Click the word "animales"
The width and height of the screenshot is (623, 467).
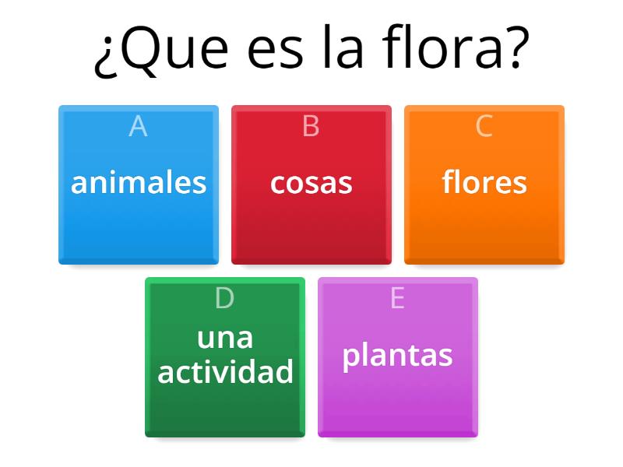pos(139,183)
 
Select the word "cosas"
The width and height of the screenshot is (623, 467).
pos(311,183)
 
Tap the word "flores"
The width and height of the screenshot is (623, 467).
pos(484,183)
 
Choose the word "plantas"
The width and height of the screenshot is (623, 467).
pos(398,355)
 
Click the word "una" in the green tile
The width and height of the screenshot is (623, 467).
pos(225,338)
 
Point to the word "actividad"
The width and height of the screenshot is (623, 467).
pos(225,372)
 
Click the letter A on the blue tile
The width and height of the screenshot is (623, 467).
pos(138,126)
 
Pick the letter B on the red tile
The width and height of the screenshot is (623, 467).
pos(311,126)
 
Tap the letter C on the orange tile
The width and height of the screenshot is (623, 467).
pos(484,126)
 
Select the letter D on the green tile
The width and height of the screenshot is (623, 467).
pos(224,298)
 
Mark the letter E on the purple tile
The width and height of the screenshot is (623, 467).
pos(398,298)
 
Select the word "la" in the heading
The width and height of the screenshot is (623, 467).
pos(342,48)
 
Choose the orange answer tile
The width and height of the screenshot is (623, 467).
pos(484,226)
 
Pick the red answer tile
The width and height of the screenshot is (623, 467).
pos(311,226)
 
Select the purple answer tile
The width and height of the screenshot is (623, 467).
pos(398,401)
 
